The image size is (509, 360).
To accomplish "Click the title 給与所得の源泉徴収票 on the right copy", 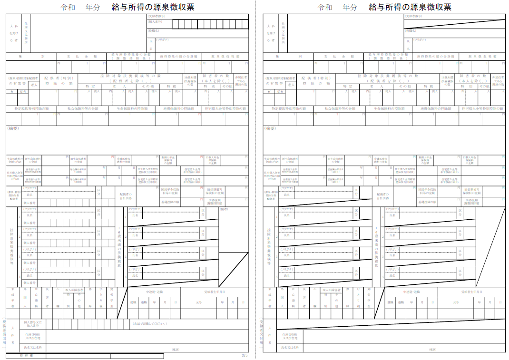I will [x=410, y=7].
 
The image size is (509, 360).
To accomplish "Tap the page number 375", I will [x=245, y=355].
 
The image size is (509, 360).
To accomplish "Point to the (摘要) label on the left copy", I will [x=13, y=128].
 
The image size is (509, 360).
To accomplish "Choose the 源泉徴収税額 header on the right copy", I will [x=481, y=56].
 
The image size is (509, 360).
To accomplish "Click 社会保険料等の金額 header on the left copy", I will [x=82, y=108].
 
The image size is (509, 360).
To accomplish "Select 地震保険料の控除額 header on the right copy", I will [x=435, y=108].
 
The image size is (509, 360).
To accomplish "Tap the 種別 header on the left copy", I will [x=31, y=56].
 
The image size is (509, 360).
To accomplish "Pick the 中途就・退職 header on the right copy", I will [x=411, y=292].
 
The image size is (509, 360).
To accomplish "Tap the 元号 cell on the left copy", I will [x=199, y=302].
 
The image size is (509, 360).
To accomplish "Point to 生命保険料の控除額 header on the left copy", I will [x=132, y=108].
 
